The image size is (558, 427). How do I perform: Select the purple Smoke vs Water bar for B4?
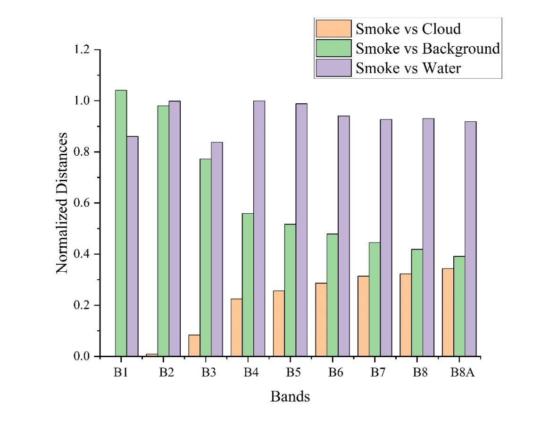pos(259,228)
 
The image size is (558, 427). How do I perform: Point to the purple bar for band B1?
pos(132,246)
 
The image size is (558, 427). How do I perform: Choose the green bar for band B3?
pos(205,257)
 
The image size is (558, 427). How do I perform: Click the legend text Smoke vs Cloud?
pos(408,29)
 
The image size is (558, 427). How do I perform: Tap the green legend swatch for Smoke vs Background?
pos(333,48)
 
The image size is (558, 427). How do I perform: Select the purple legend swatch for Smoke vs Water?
pos(333,67)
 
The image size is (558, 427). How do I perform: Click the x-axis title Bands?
pos(290,396)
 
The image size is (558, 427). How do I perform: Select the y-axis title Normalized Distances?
pos(62,203)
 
